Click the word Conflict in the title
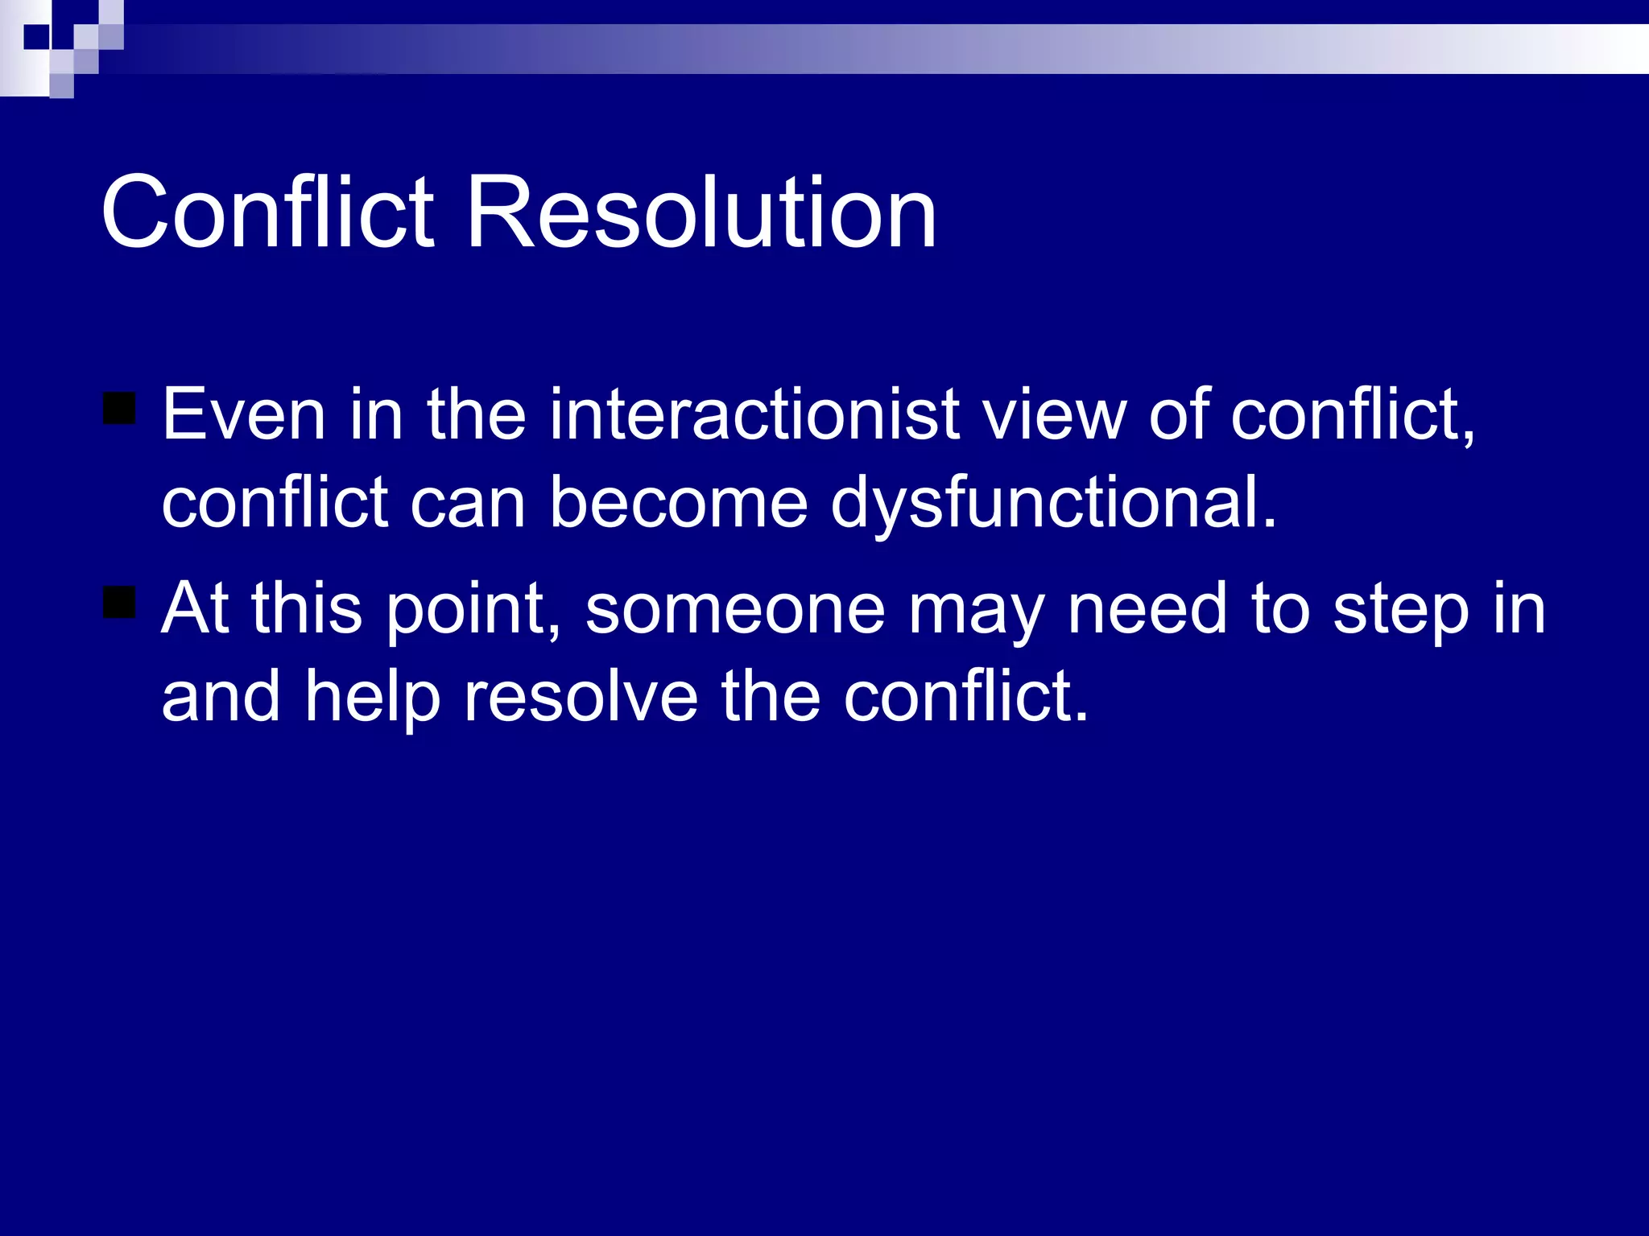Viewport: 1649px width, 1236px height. (x=267, y=212)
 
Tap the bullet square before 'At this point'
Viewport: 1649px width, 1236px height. (x=119, y=603)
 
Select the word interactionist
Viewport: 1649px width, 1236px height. (x=754, y=415)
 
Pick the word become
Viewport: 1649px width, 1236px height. (x=678, y=504)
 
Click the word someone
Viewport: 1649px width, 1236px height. (x=734, y=610)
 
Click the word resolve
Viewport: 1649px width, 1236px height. (x=581, y=697)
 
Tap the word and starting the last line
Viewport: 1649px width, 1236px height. (x=221, y=697)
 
